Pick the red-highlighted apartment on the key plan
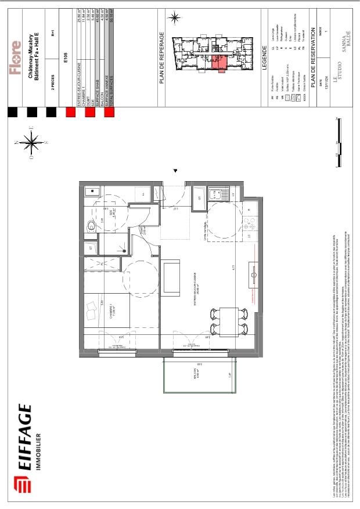[218, 63]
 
